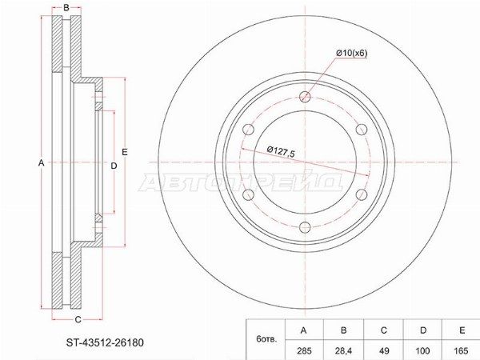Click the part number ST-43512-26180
[105, 342]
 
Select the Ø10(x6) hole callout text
[351, 54]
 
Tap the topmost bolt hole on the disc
[305, 97]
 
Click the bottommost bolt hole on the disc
[305, 227]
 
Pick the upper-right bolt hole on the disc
[362, 130]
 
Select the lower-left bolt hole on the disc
[248, 194]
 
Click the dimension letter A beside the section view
[41, 163]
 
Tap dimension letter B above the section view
[66, 8]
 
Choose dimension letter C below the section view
[78, 319]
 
